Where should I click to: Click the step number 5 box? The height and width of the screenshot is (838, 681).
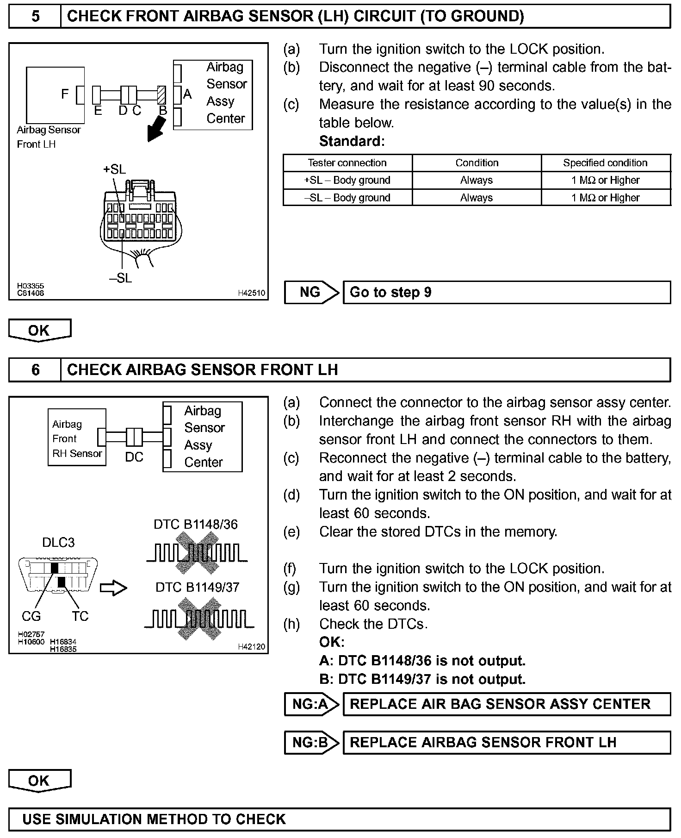pyautogui.click(x=35, y=17)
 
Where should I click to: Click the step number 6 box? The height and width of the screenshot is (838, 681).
pyautogui.click(x=35, y=370)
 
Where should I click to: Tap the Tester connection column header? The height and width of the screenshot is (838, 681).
pyautogui.click(x=347, y=163)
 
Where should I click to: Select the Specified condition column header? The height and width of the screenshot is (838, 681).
pyautogui.click(x=605, y=163)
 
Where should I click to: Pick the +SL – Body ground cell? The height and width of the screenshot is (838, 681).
pyautogui.click(x=347, y=180)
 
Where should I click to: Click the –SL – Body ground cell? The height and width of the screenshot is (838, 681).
pyautogui.click(x=347, y=198)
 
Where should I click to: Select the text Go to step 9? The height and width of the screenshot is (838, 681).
pyautogui.click(x=390, y=292)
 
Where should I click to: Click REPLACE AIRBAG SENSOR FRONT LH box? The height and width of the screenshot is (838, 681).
pyautogui.click(x=506, y=743)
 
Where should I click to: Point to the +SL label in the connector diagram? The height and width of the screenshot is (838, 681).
pyautogui.click(x=114, y=169)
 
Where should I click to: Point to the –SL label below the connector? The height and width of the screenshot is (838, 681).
pyautogui.click(x=121, y=278)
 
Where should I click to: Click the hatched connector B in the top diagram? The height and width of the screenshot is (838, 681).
pyautogui.click(x=161, y=95)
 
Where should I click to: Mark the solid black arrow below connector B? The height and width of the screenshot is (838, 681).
pyautogui.click(x=156, y=129)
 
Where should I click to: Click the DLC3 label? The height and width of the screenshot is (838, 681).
pyautogui.click(x=58, y=542)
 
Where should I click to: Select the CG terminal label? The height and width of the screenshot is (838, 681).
pyautogui.click(x=31, y=616)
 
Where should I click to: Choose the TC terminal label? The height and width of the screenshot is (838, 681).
pyautogui.click(x=80, y=616)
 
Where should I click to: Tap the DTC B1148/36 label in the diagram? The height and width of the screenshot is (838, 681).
pyautogui.click(x=196, y=525)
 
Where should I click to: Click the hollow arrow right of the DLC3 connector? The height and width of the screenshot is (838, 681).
pyautogui.click(x=113, y=588)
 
